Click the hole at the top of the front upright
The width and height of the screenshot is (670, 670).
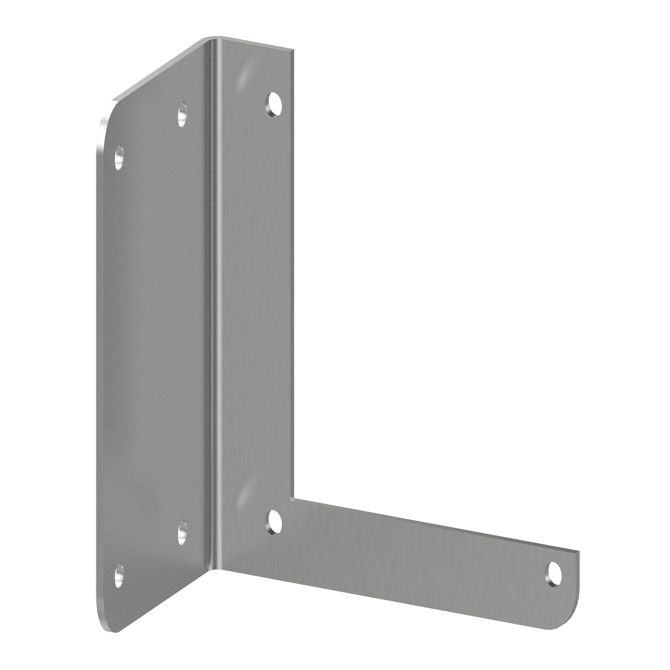(x=273, y=104)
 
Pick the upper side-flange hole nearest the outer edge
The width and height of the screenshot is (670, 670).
(x=119, y=157)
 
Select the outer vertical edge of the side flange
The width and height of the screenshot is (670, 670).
(x=97, y=347)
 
